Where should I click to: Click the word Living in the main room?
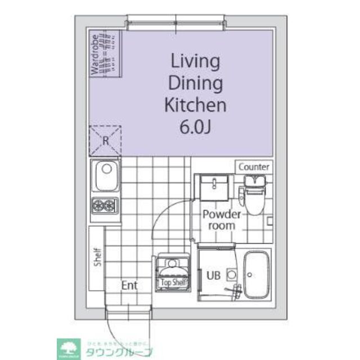pos(195,61)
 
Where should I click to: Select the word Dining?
pos(195,83)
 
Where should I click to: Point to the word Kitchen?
pos(195,105)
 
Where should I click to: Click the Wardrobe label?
pos(95,55)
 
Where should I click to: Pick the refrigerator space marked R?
pos(105,141)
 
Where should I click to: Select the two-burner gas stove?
pos(105,205)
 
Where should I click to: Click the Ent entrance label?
pos(129,285)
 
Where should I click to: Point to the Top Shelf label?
pos(173,282)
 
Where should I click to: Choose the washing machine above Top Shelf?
pos(173,265)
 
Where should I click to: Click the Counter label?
pos(254,167)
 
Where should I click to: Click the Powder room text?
pos(222,220)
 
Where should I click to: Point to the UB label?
pos(213,276)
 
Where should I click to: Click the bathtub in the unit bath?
pos(258,273)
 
